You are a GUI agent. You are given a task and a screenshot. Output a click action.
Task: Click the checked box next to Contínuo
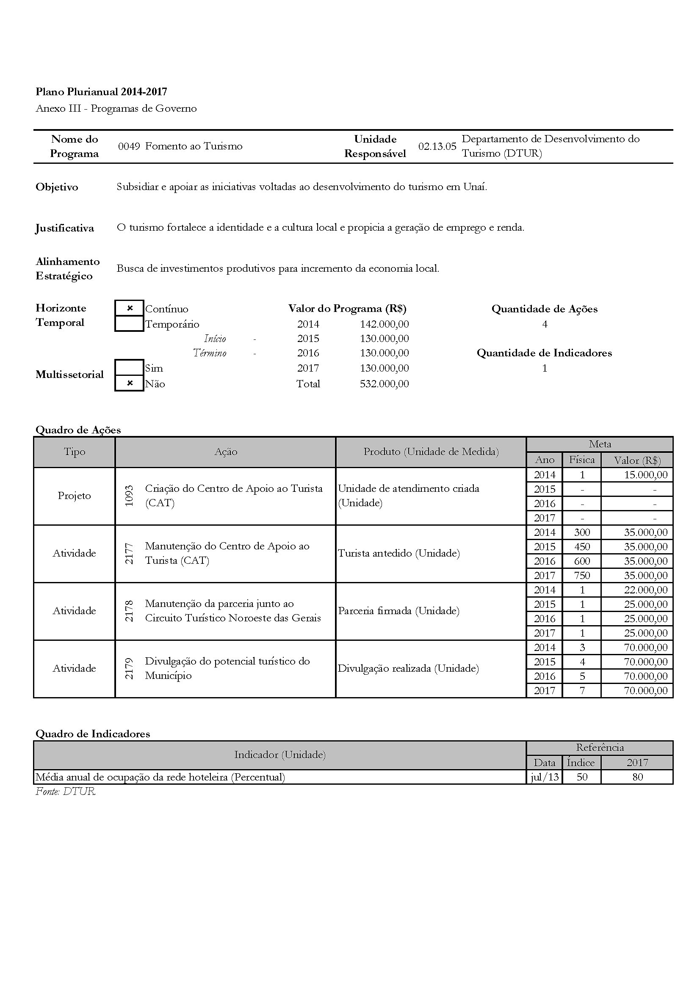[x=130, y=308]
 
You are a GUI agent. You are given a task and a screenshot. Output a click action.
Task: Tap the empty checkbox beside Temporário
[x=130, y=323]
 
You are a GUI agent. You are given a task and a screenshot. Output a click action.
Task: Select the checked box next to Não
[x=130, y=383]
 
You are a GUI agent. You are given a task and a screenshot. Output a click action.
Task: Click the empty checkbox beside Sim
[x=130, y=368]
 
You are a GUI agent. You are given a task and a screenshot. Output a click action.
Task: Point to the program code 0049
[x=129, y=146]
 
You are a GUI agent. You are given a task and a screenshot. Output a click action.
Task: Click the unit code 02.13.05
[x=437, y=146]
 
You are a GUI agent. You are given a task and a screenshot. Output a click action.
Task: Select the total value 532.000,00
[x=384, y=384]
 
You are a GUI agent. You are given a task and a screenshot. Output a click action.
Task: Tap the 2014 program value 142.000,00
[x=384, y=324]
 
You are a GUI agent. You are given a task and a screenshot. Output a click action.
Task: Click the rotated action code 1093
[x=129, y=496]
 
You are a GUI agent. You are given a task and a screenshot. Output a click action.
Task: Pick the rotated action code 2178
[x=129, y=611]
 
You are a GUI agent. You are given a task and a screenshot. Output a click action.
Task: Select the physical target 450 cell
[x=582, y=547]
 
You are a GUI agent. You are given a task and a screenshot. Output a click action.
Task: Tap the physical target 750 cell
[x=582, y=576]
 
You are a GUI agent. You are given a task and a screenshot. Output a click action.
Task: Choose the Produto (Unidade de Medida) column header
[x=431, y=452]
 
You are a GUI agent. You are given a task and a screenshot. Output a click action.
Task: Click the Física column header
[x=582, y=460]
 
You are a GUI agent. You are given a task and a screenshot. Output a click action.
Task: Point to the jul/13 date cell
[x=545, y=777]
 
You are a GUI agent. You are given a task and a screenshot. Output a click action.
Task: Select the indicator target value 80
[x=637, y=777]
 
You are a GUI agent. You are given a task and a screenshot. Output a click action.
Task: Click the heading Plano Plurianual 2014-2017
[x=101, y=92]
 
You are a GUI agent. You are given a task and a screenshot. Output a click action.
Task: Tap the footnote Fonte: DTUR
[x=65, y=791]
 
